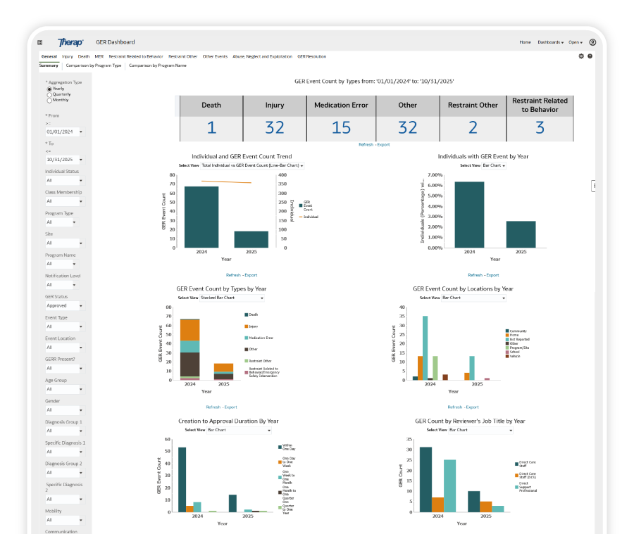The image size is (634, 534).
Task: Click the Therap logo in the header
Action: point(70,42)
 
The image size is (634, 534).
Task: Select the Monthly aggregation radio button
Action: point(49,100)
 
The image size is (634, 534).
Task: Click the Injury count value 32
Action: point(274,128)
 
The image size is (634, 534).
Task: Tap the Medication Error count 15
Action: point(341,128)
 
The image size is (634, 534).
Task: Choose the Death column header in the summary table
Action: point(211,106)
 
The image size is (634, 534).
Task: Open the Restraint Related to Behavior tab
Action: point(135,56)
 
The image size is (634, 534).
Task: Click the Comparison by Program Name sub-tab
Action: point(157,65)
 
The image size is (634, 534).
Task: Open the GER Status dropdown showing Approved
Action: point(64,305)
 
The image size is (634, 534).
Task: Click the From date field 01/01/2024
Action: point(64,132)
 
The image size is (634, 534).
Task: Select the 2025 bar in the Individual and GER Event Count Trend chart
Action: point(251,239)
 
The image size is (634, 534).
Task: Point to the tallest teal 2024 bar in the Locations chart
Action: point(425,348)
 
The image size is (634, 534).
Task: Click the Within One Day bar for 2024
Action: point(182,479)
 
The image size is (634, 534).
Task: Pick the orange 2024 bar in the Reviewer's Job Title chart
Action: point(437,504)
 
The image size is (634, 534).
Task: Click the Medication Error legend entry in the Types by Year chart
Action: point(261,338)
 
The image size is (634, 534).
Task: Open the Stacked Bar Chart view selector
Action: point(225,298)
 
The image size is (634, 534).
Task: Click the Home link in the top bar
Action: point(525,42)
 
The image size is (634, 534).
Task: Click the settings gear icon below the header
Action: point(581,56)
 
